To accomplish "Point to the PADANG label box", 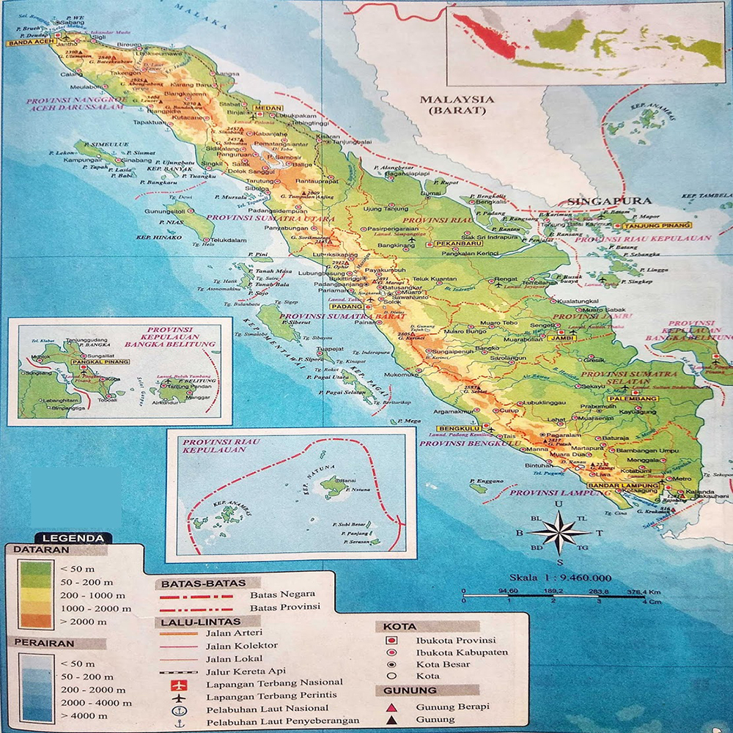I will coord(342,306).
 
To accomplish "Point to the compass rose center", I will coord(559,532).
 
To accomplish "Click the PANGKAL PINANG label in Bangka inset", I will coord(102,361).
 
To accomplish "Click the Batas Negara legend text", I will coord(283,594).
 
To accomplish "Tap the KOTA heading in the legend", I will coord(399,627).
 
